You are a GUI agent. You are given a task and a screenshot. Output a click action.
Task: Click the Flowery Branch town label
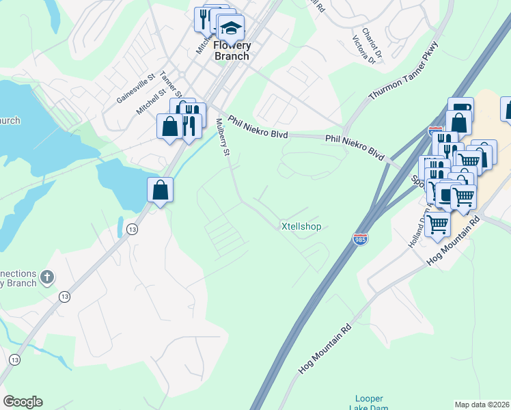232,51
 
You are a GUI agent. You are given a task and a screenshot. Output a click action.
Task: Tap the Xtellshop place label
301,226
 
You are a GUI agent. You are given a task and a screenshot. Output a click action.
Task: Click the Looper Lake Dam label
369,403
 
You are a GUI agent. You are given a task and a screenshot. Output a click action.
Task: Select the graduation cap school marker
231,29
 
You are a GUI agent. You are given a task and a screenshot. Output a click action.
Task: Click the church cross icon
46,277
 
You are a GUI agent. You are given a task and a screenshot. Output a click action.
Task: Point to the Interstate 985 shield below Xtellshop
360,239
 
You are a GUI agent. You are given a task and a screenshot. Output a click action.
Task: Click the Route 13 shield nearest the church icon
64,297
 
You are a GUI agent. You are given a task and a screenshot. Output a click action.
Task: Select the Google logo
23,402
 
